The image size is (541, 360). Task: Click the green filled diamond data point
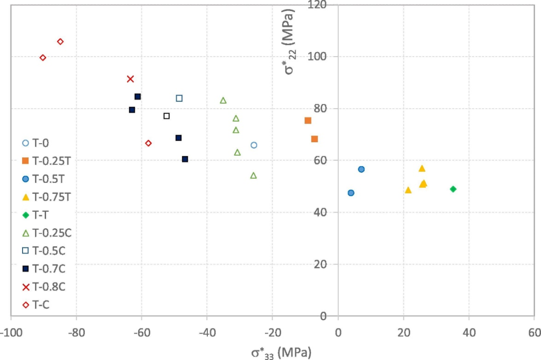453,189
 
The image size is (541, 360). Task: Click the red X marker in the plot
130,79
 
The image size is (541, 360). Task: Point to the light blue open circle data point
254,145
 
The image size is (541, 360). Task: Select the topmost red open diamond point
60,42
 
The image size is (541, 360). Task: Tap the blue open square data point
179,98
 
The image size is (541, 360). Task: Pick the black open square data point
167,116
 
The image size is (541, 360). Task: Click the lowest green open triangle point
253,175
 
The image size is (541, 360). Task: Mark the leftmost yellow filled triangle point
408,190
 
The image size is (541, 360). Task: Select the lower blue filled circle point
351,193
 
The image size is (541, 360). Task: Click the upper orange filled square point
308,121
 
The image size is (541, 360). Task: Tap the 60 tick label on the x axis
534,333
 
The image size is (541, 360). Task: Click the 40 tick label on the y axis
320,212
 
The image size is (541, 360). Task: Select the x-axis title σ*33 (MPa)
281,351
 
